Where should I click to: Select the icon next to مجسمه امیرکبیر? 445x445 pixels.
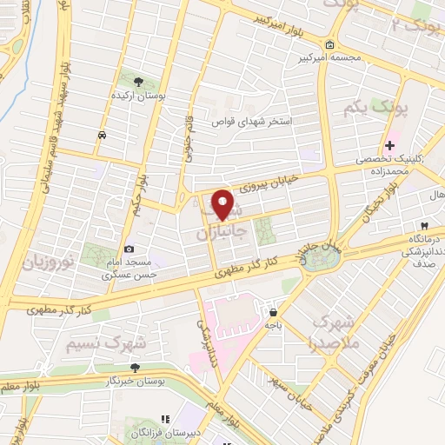click(x=329, y=45)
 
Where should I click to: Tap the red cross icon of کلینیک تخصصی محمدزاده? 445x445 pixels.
click(x=390, y=145)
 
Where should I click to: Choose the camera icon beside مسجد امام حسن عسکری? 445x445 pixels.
click(x=130, y=249)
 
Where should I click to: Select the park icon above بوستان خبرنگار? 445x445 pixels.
click(x=133, y=366)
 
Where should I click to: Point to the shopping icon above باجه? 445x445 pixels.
click(x=274, y=312)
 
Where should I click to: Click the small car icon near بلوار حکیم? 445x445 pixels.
click(x=103, y=135)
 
